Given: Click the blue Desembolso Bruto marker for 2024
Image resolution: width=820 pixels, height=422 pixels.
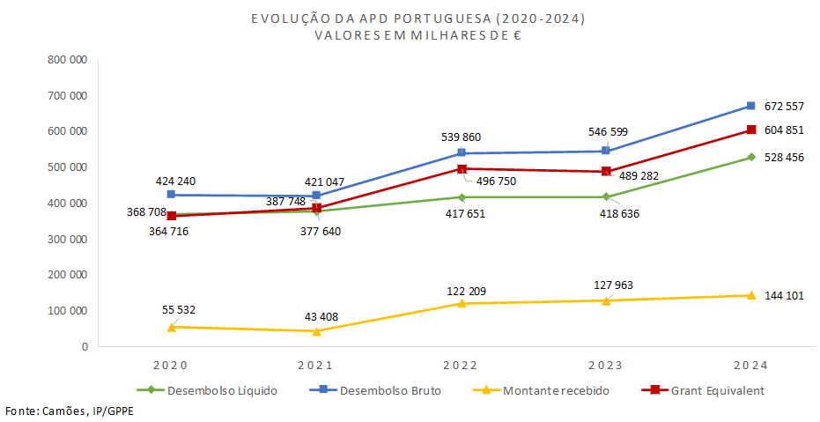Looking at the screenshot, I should coord(750,106).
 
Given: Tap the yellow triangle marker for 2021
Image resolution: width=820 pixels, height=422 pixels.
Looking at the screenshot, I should coord(316,331).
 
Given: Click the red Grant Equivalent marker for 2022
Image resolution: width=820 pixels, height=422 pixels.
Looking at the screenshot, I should coord(462,168).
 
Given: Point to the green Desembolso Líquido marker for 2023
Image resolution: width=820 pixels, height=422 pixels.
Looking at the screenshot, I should coord(606,196).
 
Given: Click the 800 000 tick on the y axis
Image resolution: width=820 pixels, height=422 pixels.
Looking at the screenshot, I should coord(67,60).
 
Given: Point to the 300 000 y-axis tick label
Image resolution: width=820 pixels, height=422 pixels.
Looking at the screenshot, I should coord(67,240).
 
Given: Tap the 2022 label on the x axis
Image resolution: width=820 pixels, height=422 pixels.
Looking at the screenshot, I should coord(461,366).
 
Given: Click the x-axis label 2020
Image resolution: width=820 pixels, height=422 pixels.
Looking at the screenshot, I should coord(171,366).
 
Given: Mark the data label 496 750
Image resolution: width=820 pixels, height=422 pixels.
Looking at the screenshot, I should coord(494,181).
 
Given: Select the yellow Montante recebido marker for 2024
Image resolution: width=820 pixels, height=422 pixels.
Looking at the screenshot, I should coord(750,295).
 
